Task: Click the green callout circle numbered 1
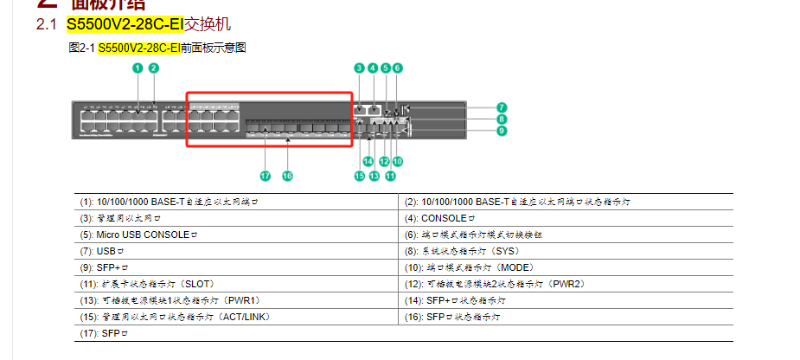(138, 67)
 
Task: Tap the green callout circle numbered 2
(154, 67)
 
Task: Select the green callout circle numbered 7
(502, 107)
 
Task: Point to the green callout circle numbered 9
(502, 131)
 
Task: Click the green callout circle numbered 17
(266, 175)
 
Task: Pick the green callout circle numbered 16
(287, 175)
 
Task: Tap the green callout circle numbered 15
(359, 176)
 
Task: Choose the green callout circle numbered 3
(359, 67)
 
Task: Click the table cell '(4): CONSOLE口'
(567, 218)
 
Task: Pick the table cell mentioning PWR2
(567, 284)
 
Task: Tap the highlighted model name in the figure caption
(138, 48)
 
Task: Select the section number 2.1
(46, 25)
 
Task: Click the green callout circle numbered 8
(502, 119)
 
